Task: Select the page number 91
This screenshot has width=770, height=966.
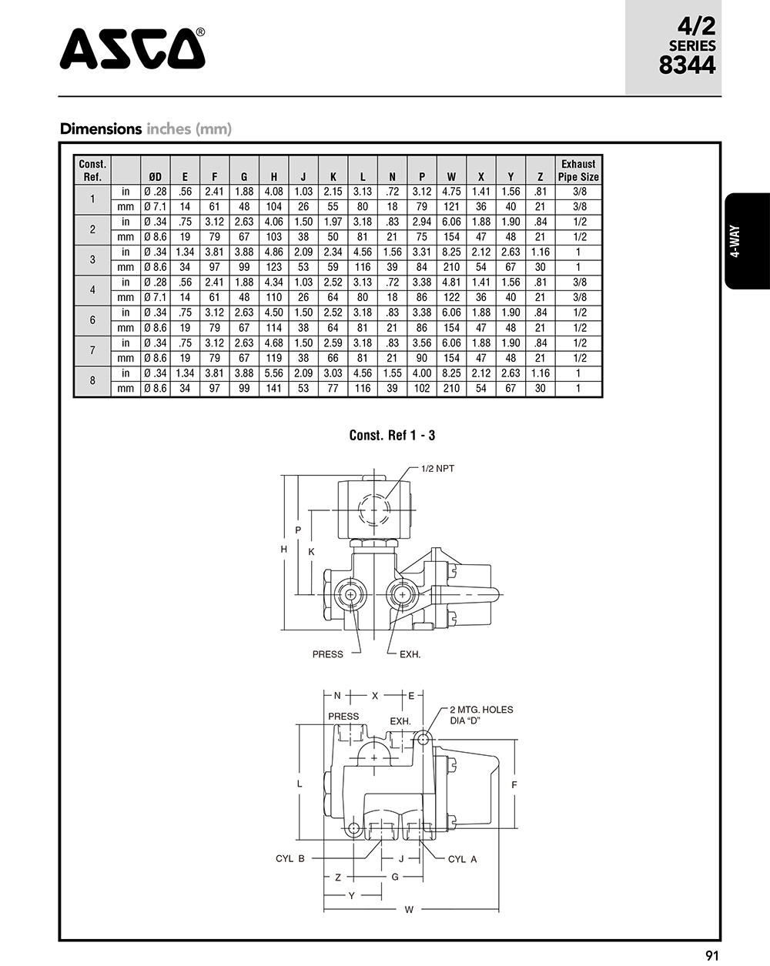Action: tap(711, 955)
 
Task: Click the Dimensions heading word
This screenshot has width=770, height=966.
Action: tap(101, 129)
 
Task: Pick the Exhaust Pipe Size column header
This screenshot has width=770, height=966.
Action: tap(578, 170)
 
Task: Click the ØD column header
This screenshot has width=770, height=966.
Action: tap(155, 177)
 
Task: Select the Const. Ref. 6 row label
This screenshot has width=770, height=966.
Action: tap(92, 320)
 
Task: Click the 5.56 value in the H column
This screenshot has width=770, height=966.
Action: tap(273, 373)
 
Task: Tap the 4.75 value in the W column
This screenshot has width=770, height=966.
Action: tap(451, 192)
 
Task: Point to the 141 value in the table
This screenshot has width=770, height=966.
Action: tap(273, 389)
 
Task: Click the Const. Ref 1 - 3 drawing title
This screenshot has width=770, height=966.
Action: tap(392, 436)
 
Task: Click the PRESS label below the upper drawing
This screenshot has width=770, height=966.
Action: tap(327, 654)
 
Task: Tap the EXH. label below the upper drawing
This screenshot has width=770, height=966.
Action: tap(410, 654)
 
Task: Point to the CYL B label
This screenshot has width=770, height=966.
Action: tap(290, 858)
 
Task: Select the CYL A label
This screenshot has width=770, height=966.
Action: tap(462, 859)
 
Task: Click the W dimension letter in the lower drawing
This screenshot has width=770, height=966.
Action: tap(409, 910)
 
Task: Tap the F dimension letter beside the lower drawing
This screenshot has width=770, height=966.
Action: tap(514, 784)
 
